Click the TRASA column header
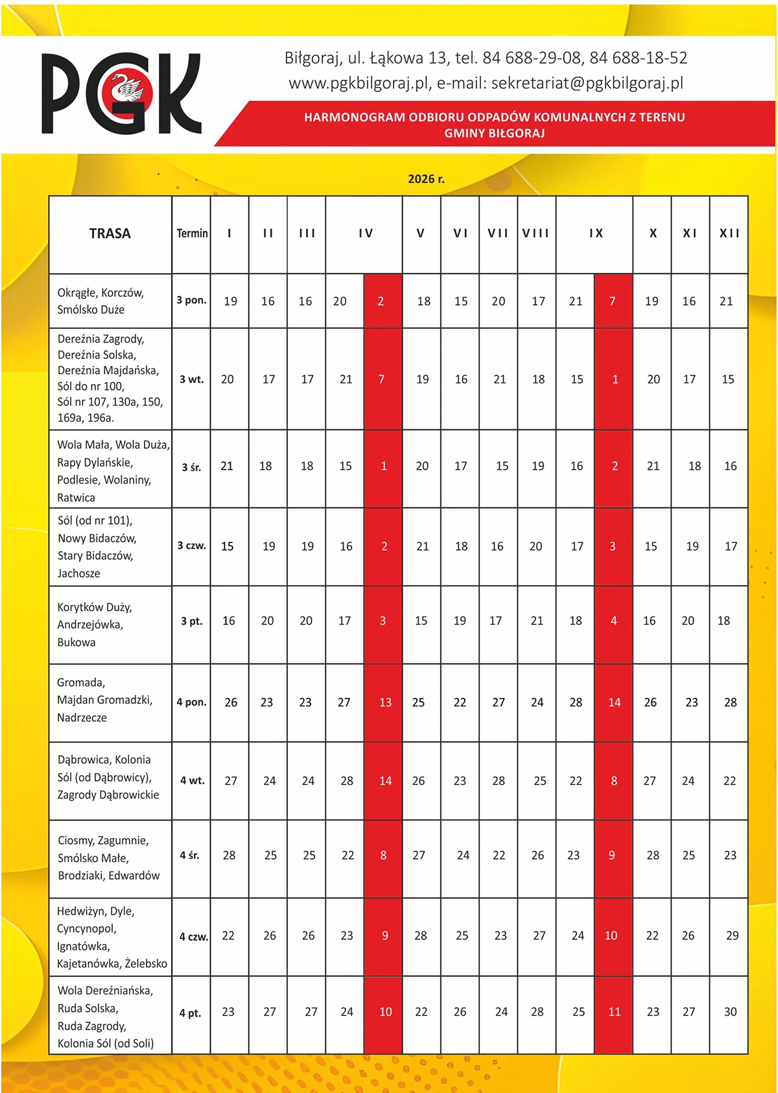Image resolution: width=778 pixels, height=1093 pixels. tap(110, 234)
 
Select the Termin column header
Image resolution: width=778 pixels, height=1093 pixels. tap(192, 234)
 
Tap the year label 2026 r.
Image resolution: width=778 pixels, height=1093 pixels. tap(426, 179)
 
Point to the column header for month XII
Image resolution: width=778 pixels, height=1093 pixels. tap(729, 234)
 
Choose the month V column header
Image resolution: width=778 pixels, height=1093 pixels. tap(421, 234)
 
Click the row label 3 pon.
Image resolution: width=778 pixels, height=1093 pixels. tap(191, 300)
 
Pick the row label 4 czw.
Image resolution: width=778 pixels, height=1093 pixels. tap(193, 937)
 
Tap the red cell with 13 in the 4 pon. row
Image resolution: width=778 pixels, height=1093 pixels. tap(385, 703)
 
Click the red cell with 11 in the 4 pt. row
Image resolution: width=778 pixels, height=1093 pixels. tap(614, 1012)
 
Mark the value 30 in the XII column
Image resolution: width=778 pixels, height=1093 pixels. tap(730, 1012)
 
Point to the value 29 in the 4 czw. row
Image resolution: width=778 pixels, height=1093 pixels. tap(732, 935)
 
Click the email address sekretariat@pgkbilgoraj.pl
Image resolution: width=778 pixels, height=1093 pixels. tap(587, 83)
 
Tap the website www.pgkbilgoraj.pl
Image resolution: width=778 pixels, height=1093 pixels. tap(359, 83)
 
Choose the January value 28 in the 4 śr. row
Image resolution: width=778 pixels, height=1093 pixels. tap(229, 856)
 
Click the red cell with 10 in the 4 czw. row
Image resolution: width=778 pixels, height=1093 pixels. tap(611, 935)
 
